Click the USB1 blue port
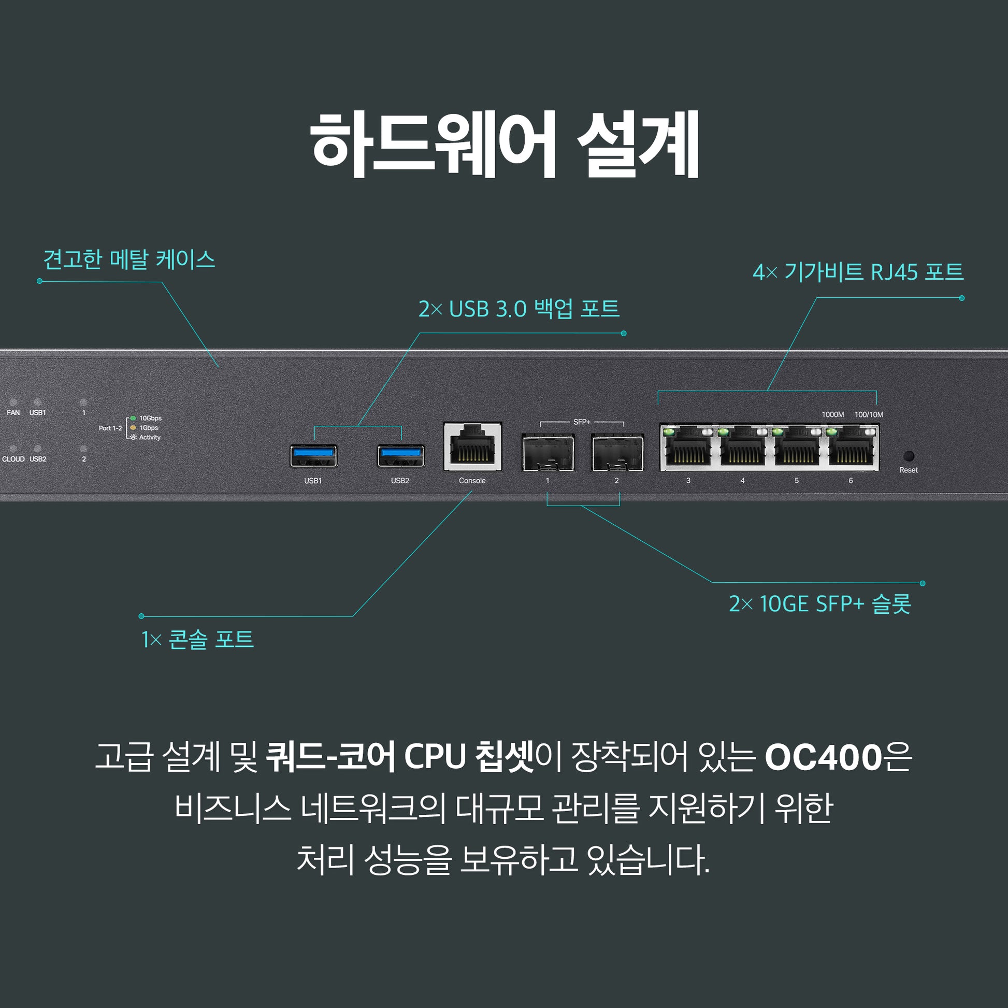313,456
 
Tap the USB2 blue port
401,456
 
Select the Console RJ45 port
472,447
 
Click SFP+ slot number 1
548,453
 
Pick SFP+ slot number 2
617,453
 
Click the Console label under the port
472,481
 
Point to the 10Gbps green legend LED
133,419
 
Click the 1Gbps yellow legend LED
133,428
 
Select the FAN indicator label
13,413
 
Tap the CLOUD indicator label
13,459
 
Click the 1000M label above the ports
833,415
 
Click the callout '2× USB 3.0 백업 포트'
519,309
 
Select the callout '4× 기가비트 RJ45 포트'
858,272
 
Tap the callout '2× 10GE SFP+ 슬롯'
819,603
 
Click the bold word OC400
823,758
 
